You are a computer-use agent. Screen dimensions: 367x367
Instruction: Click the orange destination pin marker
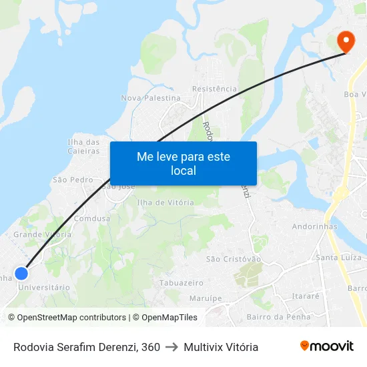pos(346,41)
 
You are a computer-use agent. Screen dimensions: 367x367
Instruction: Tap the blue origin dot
pos(21,274)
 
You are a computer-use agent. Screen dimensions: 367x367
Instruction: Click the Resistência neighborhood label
pos(214,89)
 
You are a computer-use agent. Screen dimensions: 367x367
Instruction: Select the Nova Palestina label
pos(151,98)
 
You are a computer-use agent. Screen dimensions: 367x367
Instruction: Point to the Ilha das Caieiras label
pos(83,146)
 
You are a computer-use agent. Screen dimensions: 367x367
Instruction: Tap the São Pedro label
pos(73,179)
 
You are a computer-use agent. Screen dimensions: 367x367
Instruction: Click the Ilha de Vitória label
pos(165,202)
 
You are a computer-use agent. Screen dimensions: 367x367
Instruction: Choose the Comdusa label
pos(92,218)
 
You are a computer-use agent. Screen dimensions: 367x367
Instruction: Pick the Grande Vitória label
pos(42,234)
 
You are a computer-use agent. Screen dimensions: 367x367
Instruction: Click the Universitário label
pos(44,288)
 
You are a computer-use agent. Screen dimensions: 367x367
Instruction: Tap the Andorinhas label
pos(315,226)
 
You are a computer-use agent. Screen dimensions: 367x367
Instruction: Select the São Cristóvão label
pos(234,259)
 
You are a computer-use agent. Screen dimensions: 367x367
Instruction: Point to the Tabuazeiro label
pos(181,283)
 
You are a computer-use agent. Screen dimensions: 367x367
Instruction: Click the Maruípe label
pos(206,298)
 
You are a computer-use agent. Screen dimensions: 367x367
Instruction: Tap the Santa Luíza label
pos(338,258)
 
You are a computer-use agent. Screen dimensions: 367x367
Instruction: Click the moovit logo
pos(326,346)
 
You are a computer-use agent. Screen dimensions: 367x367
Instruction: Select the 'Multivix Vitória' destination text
pos(221,347)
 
